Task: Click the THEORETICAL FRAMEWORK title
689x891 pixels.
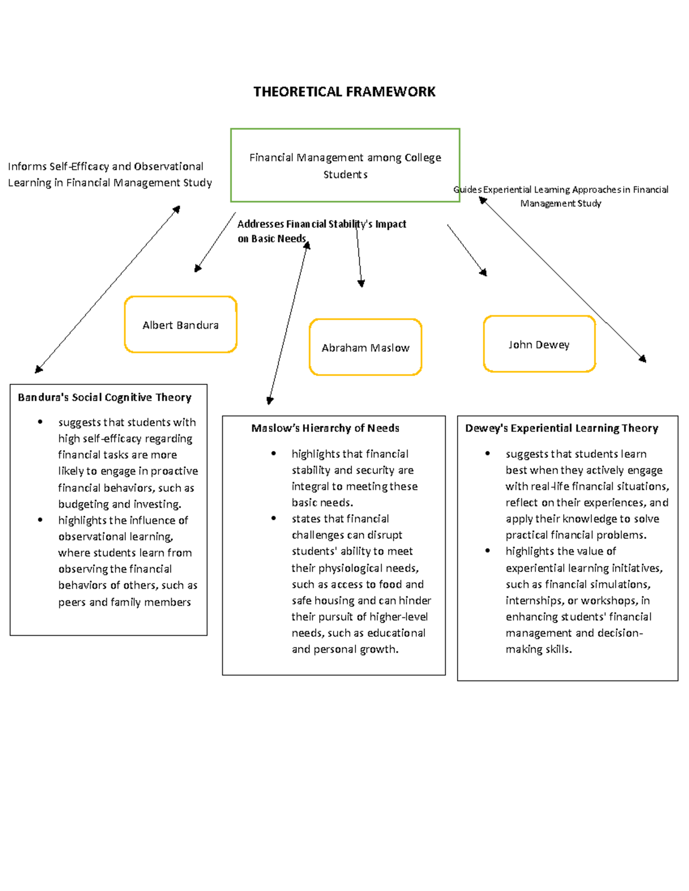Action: coord(344,92)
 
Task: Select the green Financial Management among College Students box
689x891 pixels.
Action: coord(344,165)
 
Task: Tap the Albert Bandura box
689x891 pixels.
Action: coord(180,325)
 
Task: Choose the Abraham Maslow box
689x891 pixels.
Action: coord(365,348)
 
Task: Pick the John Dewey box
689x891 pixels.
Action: coord(539,344)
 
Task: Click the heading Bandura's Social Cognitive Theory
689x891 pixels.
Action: coord(104,397)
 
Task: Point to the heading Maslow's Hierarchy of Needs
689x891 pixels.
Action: coord(325,428)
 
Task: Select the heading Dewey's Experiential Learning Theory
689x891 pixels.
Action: coord(562,428)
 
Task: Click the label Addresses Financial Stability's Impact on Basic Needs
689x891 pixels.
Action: coord(322,231)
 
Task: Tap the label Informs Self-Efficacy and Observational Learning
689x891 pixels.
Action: coord(109,174)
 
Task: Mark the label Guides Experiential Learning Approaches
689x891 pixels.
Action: coord(560,196)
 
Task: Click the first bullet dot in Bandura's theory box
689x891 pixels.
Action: coord(40,422)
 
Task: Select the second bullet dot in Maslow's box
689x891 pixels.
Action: coord(274,519)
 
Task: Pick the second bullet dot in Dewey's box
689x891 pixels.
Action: coord(487,551)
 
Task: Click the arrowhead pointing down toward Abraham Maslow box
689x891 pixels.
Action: coord(361,283)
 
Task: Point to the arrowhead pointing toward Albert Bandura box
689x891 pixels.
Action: coord(198,268)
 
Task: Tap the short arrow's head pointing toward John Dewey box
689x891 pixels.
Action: coord(484,273)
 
